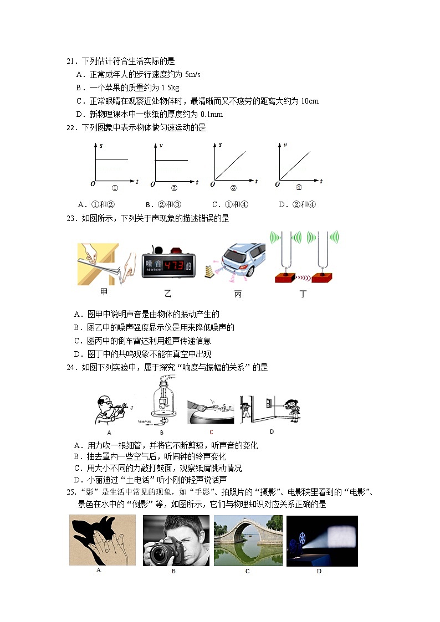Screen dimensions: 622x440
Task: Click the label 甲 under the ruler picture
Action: click(x=104, y=293)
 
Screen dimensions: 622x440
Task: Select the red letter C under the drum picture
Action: click(x=211, y=432)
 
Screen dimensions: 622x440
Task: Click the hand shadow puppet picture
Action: click(x=103, y=539)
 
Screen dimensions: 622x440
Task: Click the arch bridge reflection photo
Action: click(x=248, y=541)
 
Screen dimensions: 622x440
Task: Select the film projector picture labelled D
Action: click(x=322, y=541)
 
